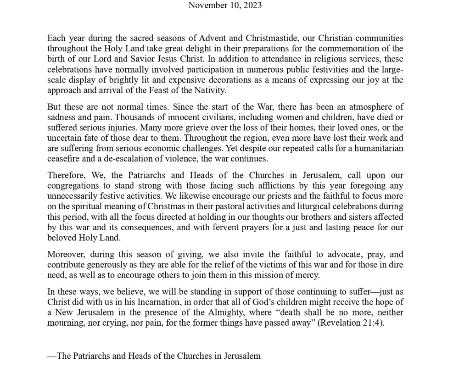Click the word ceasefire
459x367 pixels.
(x=64, y=159)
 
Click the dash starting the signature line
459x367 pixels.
(x=52, y=356)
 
